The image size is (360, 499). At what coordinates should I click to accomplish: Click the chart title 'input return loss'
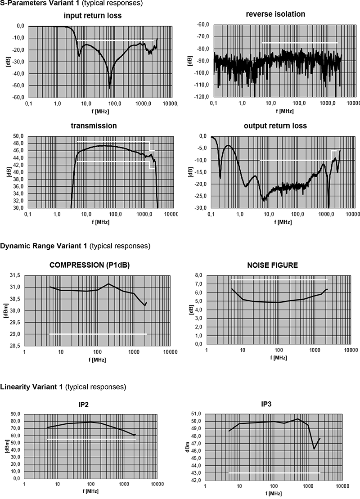coord(93,16)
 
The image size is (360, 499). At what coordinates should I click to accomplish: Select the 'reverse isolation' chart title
coord(275,14)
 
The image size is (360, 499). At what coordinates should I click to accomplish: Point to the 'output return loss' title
coord(275,126)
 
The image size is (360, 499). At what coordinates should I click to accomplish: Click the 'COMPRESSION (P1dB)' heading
coord(90,265)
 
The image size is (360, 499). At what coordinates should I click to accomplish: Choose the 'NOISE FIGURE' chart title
coord(272,265)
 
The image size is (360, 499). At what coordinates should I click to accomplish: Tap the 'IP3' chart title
coord(266,404)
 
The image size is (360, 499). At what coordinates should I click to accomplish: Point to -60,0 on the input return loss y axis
coord(18,97)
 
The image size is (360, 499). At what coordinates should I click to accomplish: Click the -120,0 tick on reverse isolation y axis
coord(201,97)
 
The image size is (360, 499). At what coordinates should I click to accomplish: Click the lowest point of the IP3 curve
coord(314,449)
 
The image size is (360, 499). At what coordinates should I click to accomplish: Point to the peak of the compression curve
coord(108,284)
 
